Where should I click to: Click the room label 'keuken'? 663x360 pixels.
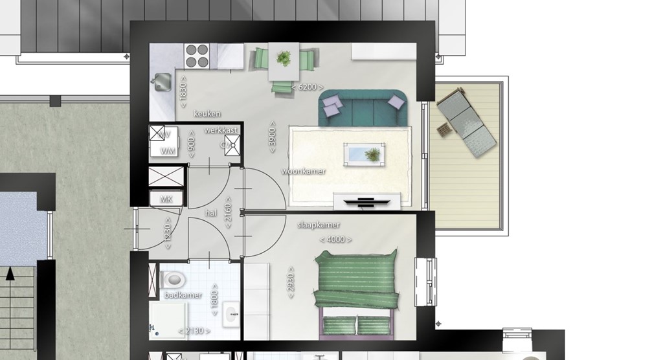point(207,114)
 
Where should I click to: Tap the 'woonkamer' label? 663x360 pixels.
point(303,172)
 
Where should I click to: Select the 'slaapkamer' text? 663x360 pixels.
point(318,225)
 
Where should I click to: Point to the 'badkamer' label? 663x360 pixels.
point(183,295)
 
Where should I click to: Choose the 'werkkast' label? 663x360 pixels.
point(221,130)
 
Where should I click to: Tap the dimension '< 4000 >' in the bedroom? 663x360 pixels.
point(335,240)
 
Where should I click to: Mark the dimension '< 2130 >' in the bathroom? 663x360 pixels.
point(194,331)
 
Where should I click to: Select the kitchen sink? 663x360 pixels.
point(161,82)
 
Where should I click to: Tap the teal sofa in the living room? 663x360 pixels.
point(363,107)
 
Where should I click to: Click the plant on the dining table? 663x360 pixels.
point(284,59)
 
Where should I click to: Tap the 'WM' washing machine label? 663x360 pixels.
point(168,152)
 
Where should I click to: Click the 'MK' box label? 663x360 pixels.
point(166,199)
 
